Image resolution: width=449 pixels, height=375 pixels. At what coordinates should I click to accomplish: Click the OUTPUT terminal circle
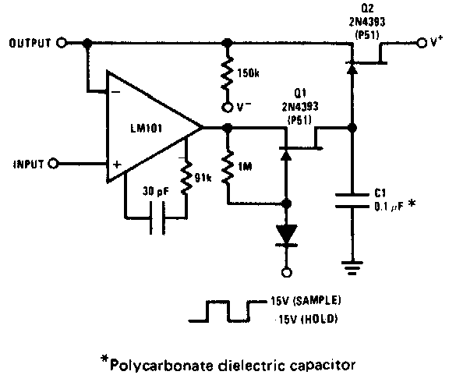coord(61,43)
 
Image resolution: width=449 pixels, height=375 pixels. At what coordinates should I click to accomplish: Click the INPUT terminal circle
coord(53,164)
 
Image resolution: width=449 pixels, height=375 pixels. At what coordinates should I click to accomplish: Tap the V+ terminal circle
coord(422,43)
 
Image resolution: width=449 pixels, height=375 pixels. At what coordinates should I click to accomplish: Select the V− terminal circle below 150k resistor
coord(227,108)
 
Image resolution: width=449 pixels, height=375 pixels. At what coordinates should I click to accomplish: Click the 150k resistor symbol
coord(227,73)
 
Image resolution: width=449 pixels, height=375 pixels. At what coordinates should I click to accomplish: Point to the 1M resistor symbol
coord(228,166)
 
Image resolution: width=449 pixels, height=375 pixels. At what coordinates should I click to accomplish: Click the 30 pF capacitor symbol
coord(157,218)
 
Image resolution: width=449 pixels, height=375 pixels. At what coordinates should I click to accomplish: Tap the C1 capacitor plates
coord(352,200)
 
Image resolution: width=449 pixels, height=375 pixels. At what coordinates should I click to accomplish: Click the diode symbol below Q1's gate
coord(286,235)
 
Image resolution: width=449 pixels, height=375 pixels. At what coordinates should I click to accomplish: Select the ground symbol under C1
coord(352,267)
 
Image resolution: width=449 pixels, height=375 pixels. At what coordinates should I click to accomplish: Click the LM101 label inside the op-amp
coord(146,128)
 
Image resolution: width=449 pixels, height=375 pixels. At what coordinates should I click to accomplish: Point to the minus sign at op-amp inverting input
coord(115,92)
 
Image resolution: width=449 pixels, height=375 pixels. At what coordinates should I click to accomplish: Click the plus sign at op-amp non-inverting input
coord(117,165)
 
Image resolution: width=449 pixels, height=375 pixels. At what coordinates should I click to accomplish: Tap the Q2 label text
coord(367,9)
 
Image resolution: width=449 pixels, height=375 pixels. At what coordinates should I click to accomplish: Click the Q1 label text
coord(300,93)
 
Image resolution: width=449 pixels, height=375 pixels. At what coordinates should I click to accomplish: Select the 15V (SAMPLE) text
coord(306,301)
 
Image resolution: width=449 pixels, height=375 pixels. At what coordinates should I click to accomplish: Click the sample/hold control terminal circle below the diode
coord(286,272)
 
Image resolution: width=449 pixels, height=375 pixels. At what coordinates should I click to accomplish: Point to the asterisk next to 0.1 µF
coord(412,204)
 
